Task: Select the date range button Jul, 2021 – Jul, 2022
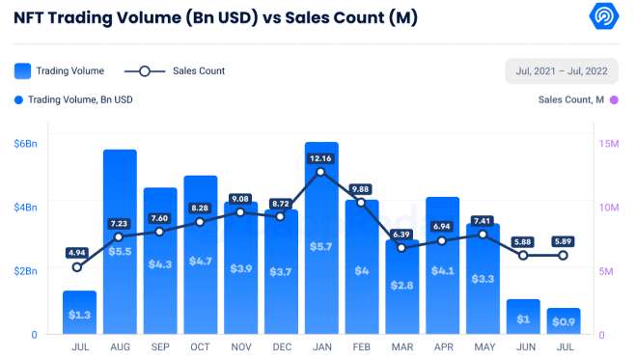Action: (562, 71)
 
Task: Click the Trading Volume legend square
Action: (22, 70)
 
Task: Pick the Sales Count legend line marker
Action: (144, 70)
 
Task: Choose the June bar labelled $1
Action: (523, 318)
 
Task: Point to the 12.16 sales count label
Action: (321, 157)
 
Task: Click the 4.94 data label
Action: (78, 253)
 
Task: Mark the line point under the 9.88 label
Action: (361, 203)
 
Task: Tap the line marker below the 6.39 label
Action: (401, 248)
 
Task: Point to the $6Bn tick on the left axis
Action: (25, 144)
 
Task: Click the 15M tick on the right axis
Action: (609, 144)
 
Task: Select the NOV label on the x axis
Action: (240, 345)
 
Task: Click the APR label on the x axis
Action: (442, 345)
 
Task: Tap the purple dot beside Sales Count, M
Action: (614, 99)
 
